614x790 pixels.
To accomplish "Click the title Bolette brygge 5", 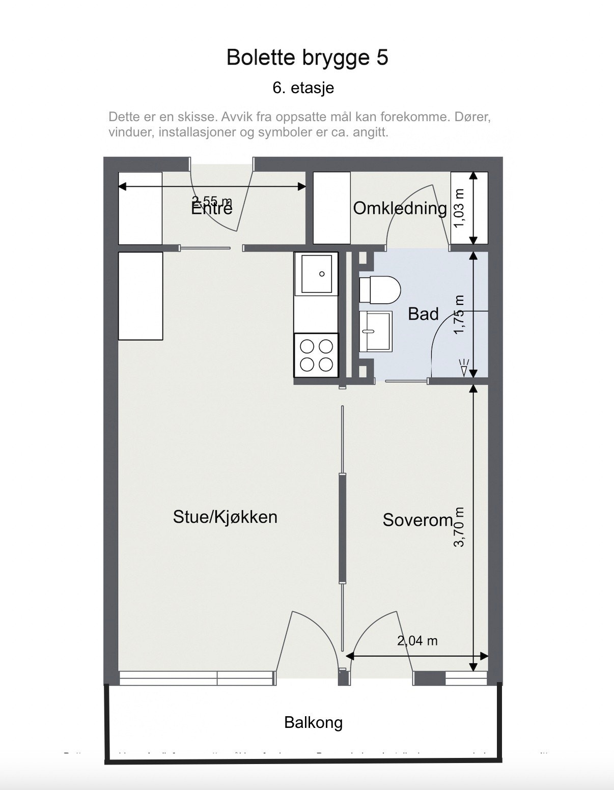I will [307, 58].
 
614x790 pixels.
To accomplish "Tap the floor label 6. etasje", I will [303, 88].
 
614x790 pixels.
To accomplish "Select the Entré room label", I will [212, 209].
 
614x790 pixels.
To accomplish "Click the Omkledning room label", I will [400, 208].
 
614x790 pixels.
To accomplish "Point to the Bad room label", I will [423, 314].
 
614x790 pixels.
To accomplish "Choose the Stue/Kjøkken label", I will [225, 517].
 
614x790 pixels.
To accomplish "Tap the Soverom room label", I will [417, 520].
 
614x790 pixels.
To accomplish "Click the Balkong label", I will [313, 722].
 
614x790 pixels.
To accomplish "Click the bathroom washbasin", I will [376, 331].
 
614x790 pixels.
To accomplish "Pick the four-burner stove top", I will [316, 355].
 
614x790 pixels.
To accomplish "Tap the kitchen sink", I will [316, 274].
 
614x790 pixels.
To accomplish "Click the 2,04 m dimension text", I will [417, 641].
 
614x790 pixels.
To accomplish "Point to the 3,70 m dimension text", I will [459, 527].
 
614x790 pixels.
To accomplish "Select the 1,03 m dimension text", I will [459, 208].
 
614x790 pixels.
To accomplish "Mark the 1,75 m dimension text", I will [459, 315].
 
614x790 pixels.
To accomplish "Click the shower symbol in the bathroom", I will [463, 368].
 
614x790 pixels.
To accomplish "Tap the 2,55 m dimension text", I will [212, 201].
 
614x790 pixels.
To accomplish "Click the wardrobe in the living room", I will [141, 296].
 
